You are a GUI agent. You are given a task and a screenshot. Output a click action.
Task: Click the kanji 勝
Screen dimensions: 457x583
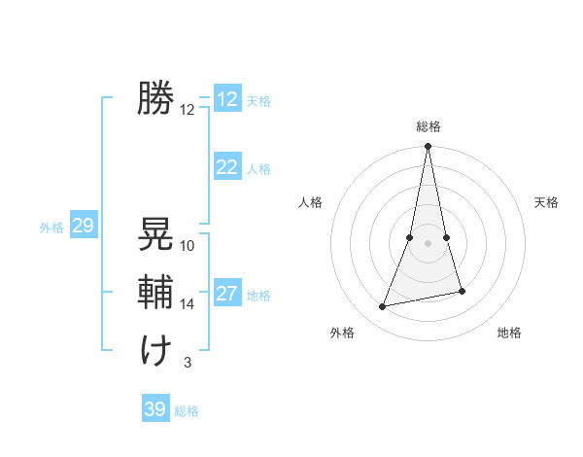click(x=155, y=98)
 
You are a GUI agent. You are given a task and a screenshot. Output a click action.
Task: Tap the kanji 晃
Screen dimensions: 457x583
click(x=155, y=233)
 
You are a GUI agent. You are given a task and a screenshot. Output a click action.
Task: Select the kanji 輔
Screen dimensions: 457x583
click(x=155, y=292)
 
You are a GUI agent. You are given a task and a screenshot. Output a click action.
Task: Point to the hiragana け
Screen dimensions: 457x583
click(x=155, y=350)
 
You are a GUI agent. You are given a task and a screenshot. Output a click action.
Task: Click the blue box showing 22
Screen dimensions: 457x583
click(x=226, y=167)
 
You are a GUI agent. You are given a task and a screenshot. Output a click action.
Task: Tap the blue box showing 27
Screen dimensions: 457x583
click(x=226, y=294)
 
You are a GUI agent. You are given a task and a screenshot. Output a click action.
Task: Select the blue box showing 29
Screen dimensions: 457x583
click(x=83, y=227)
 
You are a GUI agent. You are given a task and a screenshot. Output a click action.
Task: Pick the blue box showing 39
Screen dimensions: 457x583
click(x=154, y=409)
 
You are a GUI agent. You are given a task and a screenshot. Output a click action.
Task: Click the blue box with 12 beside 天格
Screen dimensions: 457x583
click(x=226, y=99)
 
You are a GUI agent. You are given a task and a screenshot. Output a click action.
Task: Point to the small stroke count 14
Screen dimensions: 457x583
click(x=188, y=304)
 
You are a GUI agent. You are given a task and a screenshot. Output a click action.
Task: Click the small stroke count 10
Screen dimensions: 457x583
click(x=188, y=246)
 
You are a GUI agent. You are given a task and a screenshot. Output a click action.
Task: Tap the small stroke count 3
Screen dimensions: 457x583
click(x=188, y=363)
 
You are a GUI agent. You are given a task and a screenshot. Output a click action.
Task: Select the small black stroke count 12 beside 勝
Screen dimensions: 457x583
click(x=188, y=110)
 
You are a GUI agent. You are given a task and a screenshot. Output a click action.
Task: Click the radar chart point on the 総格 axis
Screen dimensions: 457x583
click(x=428, y=147)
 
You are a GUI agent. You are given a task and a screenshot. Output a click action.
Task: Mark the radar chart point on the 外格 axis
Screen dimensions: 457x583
click(x=383, y=307)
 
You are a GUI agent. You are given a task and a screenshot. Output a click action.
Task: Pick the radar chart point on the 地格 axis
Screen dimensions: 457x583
click(x=462, y=291)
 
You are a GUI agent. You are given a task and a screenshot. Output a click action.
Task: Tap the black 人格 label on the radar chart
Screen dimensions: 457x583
click(x=310, y=202)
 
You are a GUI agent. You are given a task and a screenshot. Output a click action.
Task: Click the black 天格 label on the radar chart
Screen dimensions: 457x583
click(x=546, y=202)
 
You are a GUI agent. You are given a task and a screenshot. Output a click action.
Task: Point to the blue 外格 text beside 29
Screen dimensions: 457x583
click(x=51, y=228)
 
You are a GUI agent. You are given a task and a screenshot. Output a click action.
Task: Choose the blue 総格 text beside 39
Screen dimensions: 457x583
click(x=187, y=411)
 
